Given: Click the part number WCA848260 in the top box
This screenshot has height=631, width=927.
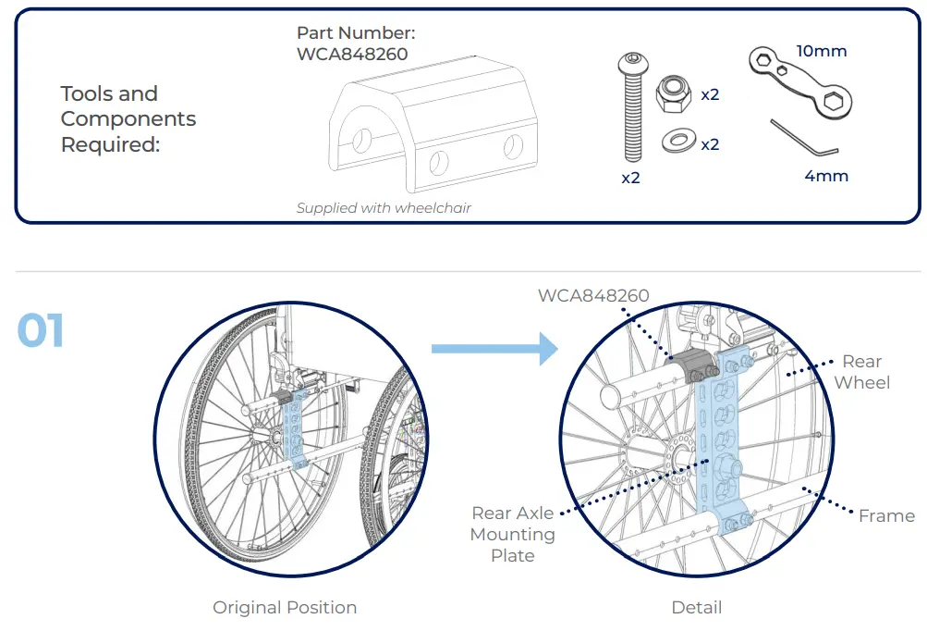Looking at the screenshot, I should [352, 54].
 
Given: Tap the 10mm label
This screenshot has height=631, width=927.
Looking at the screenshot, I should [822, 51].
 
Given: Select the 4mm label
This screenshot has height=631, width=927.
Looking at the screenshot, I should [825, 176].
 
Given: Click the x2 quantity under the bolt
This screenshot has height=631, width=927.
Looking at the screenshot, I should [630, 178].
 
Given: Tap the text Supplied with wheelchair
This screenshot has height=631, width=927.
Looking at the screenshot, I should [384, 208].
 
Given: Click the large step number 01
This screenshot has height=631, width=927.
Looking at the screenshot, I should [41, 330].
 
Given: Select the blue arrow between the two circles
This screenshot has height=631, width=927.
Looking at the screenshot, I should [494, 349].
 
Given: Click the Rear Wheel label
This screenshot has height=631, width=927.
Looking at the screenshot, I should [861, 372].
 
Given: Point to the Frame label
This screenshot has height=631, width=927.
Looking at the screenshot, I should [886, 516].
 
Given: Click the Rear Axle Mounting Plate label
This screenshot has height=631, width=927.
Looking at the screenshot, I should [512, 534].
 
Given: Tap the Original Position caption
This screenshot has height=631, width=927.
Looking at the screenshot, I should [285, 608].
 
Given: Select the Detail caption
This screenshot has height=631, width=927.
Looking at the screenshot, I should [696, 608].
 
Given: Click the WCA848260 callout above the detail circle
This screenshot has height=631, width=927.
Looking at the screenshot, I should [593, 296].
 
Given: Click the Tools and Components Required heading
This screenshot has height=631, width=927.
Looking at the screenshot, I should [128, 119].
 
